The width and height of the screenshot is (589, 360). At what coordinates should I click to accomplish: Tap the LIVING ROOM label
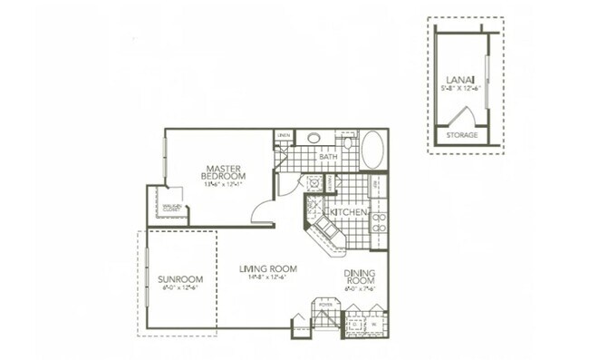point(269,269)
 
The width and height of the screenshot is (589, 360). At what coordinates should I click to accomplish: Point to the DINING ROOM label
point(359,277)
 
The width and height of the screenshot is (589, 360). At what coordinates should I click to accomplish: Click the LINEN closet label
point(284,136)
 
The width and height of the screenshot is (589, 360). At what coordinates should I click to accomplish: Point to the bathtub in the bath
point(372,150)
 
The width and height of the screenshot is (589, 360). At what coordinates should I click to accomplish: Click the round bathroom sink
point(314,139)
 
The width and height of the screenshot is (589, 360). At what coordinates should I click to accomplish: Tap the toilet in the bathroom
point(346,141)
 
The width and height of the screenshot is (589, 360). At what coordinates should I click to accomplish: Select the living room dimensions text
point(269,279)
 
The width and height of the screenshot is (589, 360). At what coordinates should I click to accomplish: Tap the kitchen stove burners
point(380,220)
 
